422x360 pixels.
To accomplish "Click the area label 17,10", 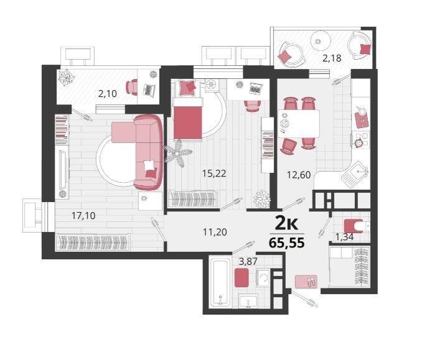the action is click(83, 216).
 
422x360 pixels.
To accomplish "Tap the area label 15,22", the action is click(214, 173).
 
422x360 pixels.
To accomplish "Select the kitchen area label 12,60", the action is click(299, 175).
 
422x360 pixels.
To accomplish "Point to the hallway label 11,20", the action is click(215, 232).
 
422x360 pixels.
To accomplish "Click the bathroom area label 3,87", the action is click(248, 261).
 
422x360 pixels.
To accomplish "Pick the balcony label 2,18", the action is click(332, 58).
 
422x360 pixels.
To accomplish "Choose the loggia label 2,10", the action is click(108, 93).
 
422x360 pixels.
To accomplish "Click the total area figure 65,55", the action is click(287, 243).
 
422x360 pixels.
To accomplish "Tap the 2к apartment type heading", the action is click(286, 224).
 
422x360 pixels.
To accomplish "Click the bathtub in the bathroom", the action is click(220, 282).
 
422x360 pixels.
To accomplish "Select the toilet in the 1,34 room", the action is click(356, 226).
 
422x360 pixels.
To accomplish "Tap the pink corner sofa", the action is click(138, 152).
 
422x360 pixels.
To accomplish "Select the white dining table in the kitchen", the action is click(299, 124).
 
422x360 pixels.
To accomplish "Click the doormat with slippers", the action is click(306, 282).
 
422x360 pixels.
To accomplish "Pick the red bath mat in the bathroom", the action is click(241, 278).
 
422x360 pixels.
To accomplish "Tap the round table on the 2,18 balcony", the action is click(321, 41).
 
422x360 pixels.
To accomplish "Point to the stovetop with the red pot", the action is click(361, 139).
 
